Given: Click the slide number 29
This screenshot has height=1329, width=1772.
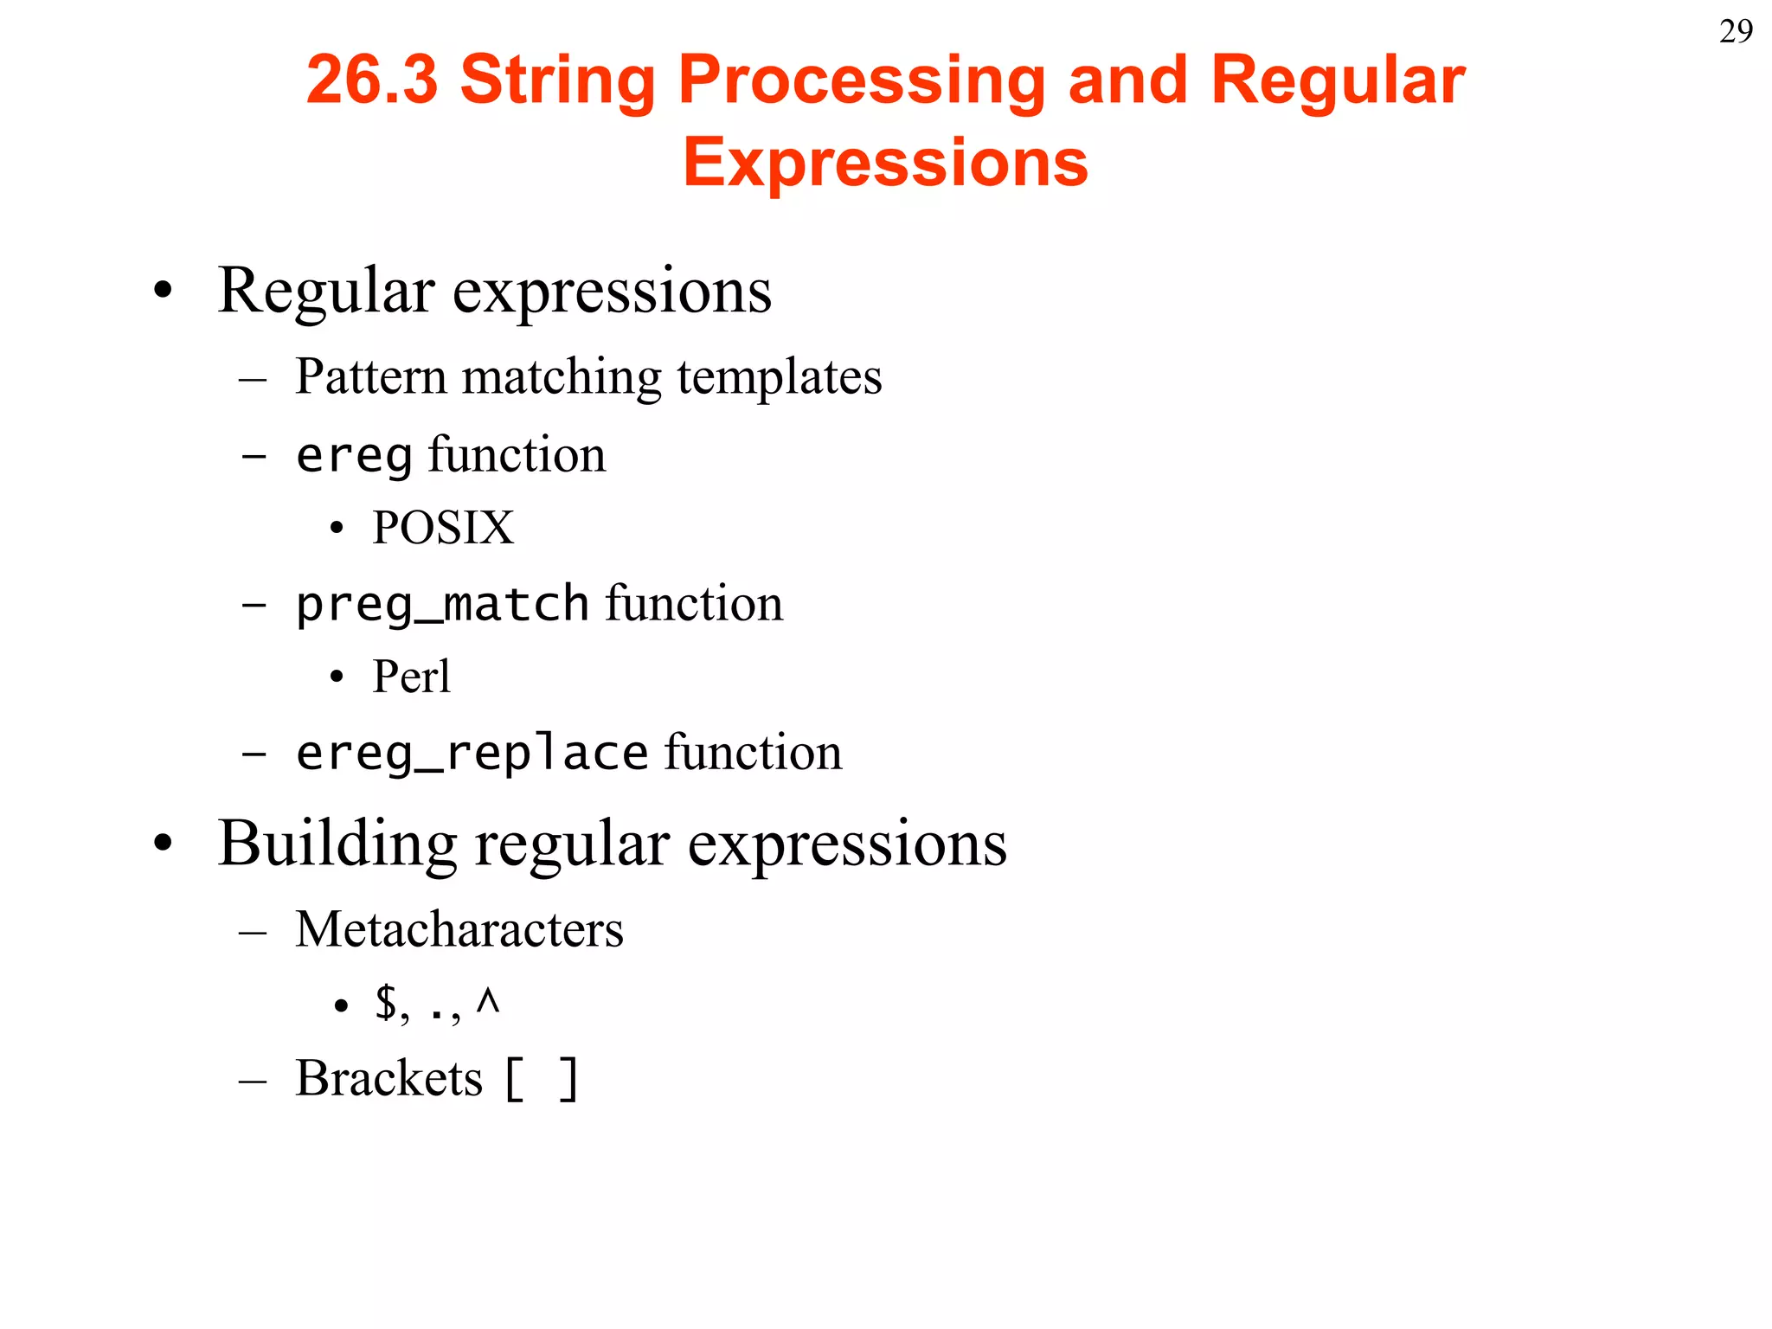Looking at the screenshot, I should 1736,32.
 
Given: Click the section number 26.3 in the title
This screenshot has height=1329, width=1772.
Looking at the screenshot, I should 372,80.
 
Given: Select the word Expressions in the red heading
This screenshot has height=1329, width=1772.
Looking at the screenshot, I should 885,162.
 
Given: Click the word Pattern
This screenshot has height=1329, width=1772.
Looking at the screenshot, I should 370,376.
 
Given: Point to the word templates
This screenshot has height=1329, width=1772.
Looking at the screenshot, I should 780,376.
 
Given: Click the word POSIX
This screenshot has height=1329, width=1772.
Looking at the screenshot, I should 443,528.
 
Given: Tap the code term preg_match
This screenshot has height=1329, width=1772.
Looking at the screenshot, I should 442,604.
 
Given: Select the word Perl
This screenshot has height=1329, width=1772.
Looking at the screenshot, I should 411,676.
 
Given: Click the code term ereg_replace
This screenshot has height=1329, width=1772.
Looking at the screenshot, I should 472,753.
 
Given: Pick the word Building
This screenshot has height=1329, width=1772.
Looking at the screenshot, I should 337,844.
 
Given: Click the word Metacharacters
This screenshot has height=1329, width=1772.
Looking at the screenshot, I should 459,929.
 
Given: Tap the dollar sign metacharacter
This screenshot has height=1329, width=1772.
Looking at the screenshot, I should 386,1004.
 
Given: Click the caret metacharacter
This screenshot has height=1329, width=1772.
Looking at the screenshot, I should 488,1002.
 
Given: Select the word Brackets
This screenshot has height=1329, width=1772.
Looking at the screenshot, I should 388,1078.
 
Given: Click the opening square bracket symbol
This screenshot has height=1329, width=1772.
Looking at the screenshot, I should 514,1080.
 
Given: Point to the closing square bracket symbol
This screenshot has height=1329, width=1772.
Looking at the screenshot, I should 568,1080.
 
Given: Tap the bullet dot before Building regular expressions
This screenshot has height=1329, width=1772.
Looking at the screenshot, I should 163,844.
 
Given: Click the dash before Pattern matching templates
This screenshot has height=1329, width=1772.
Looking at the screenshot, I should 253,379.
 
